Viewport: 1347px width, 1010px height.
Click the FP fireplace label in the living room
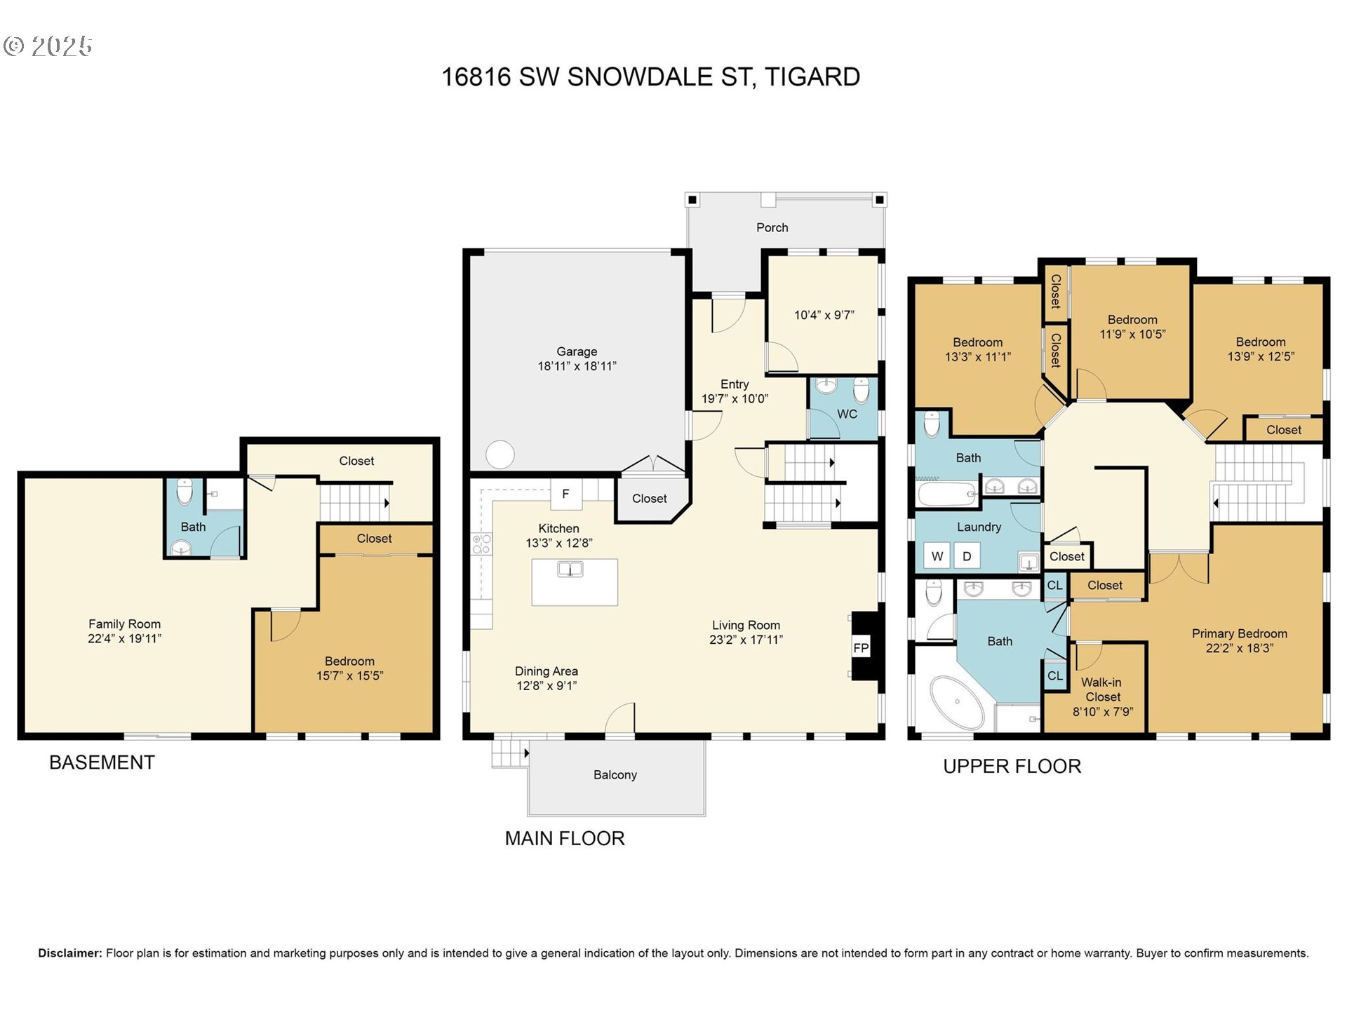point(861,648)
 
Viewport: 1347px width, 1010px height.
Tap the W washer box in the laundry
point(937,556)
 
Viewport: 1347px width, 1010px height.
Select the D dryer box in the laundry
point(967,556)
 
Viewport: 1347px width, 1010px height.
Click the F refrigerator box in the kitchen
point(565,494)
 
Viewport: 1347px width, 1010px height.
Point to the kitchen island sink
point(570,570)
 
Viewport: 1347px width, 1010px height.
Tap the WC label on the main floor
point(847,414)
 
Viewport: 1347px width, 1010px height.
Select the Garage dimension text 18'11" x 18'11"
point(577,366)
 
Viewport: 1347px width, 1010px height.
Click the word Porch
point(772,227)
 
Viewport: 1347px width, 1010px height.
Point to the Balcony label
point(615,774)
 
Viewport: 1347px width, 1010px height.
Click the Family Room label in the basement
point(124,624)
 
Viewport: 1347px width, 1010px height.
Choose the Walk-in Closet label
point(1102,689)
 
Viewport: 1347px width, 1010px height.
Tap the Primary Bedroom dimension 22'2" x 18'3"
point(1240,648)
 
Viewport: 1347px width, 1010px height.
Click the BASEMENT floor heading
point(102,762)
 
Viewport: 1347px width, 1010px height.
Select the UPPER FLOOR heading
point(1012,766)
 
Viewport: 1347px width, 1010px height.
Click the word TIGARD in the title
point(812,76)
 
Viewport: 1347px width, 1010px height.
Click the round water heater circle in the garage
point(500,454)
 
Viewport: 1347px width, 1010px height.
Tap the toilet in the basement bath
point(185,492)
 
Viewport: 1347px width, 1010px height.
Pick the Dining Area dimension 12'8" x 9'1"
point(547,686)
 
